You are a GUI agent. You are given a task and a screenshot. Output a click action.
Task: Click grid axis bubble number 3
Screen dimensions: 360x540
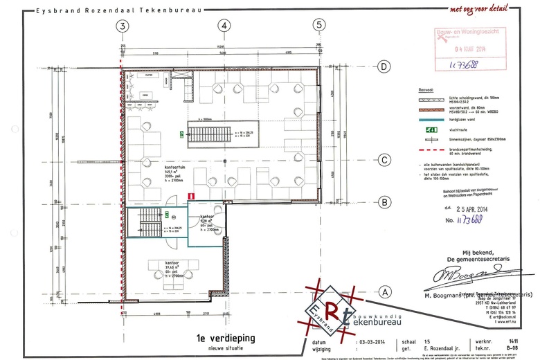[123, 26]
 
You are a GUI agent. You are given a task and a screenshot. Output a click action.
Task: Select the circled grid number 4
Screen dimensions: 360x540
[223, 26]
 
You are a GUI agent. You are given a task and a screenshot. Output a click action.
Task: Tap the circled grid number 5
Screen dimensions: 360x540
[318, 26]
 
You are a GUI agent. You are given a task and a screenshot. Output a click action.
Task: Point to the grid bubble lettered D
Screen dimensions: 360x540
[382, 66]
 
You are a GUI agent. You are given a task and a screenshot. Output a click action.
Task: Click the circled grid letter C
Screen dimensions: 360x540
[382, 160]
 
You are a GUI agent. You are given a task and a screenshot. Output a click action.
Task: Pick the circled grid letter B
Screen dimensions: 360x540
[382, 202]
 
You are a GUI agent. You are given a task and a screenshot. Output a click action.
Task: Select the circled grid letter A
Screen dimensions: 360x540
[382, 292]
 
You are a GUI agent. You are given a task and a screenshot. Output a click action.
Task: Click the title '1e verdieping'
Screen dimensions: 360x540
[226, 338]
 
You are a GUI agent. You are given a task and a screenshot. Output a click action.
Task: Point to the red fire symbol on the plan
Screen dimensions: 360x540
[189, 196]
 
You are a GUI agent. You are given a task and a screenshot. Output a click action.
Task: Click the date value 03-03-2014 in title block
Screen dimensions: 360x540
[375, 343]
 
